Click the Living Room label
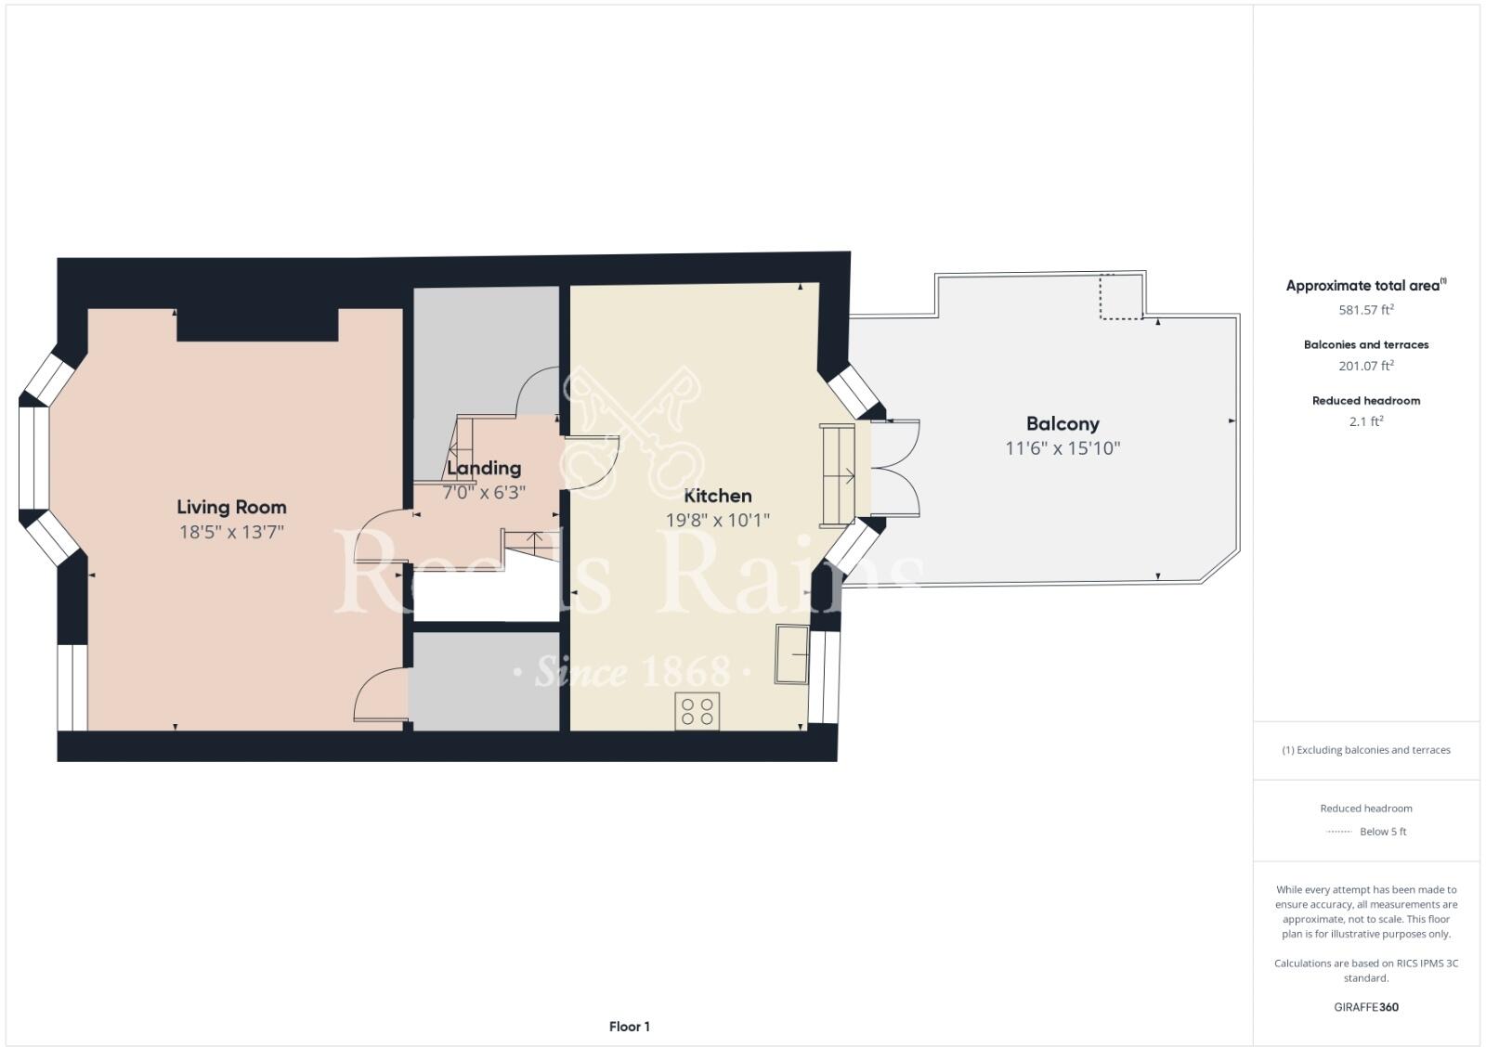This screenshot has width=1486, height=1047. (x=231, y=507)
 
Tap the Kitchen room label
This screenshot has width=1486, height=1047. (x=717, y=496)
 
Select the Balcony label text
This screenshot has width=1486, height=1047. (x=1062, y=424)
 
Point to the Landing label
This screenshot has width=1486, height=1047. (x=483, y=468)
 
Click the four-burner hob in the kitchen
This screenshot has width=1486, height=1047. (x=697, y=712)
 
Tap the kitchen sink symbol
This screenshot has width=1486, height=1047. (x=792, y=654)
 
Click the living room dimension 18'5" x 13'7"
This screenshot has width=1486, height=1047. (x=231, y=532)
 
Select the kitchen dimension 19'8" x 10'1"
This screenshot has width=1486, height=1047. (x=717, y=520)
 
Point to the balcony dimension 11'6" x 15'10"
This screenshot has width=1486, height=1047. (x=1062, y=448)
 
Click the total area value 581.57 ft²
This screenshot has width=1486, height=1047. (x=1365, y=310)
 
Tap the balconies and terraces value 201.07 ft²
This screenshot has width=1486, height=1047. (x=1365, y=366)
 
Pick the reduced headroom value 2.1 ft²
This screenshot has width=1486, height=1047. (x=1365, y=421)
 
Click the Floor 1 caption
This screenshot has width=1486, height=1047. (x=629, y=1027)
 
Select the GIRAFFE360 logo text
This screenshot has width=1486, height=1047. (x=1365, y=1007)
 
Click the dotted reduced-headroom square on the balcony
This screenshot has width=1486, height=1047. (x=1120, y=297)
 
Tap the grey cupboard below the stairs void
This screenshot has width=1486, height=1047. (x=485, y=681)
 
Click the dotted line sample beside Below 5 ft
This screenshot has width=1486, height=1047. (x=1338, y=832)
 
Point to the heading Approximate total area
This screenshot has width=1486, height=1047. (x=1362, y=286)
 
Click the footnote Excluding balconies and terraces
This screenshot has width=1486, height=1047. (x=1365, y=750)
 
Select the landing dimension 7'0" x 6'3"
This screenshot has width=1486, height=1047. (x=483, y=492)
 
